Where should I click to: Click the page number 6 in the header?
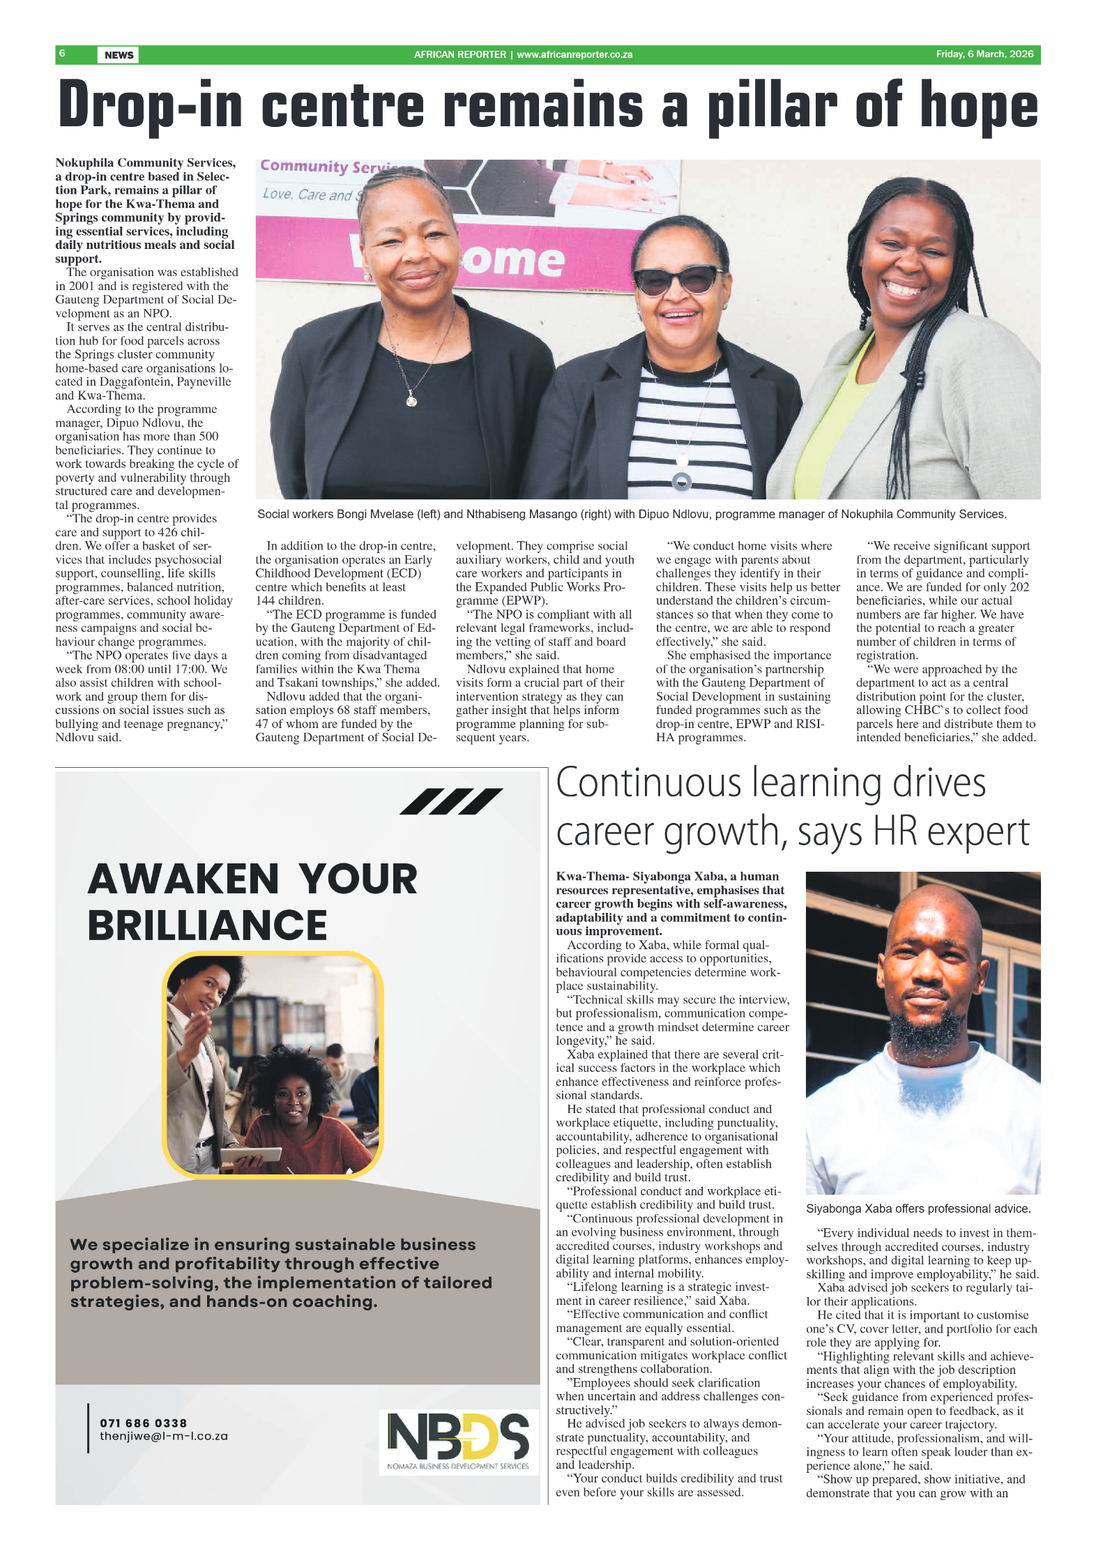point(62,54)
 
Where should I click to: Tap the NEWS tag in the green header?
point(119,55)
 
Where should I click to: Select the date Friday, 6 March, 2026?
point(984,54)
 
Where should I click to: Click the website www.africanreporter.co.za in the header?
point(574,54)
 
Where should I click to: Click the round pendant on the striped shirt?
point(681,481)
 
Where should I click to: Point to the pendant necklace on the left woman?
point(412,400)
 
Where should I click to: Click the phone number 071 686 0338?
point(144,1423)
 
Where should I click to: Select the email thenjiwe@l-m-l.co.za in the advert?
point(164,1436)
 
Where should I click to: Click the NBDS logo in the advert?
point(458,1441)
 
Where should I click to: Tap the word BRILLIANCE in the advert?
point(207,925)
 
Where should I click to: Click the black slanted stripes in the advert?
point(451,801)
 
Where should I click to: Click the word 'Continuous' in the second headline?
point(648,783)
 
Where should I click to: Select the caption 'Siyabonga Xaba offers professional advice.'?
point(918,1209)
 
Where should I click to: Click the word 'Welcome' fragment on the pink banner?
point(512,259)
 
